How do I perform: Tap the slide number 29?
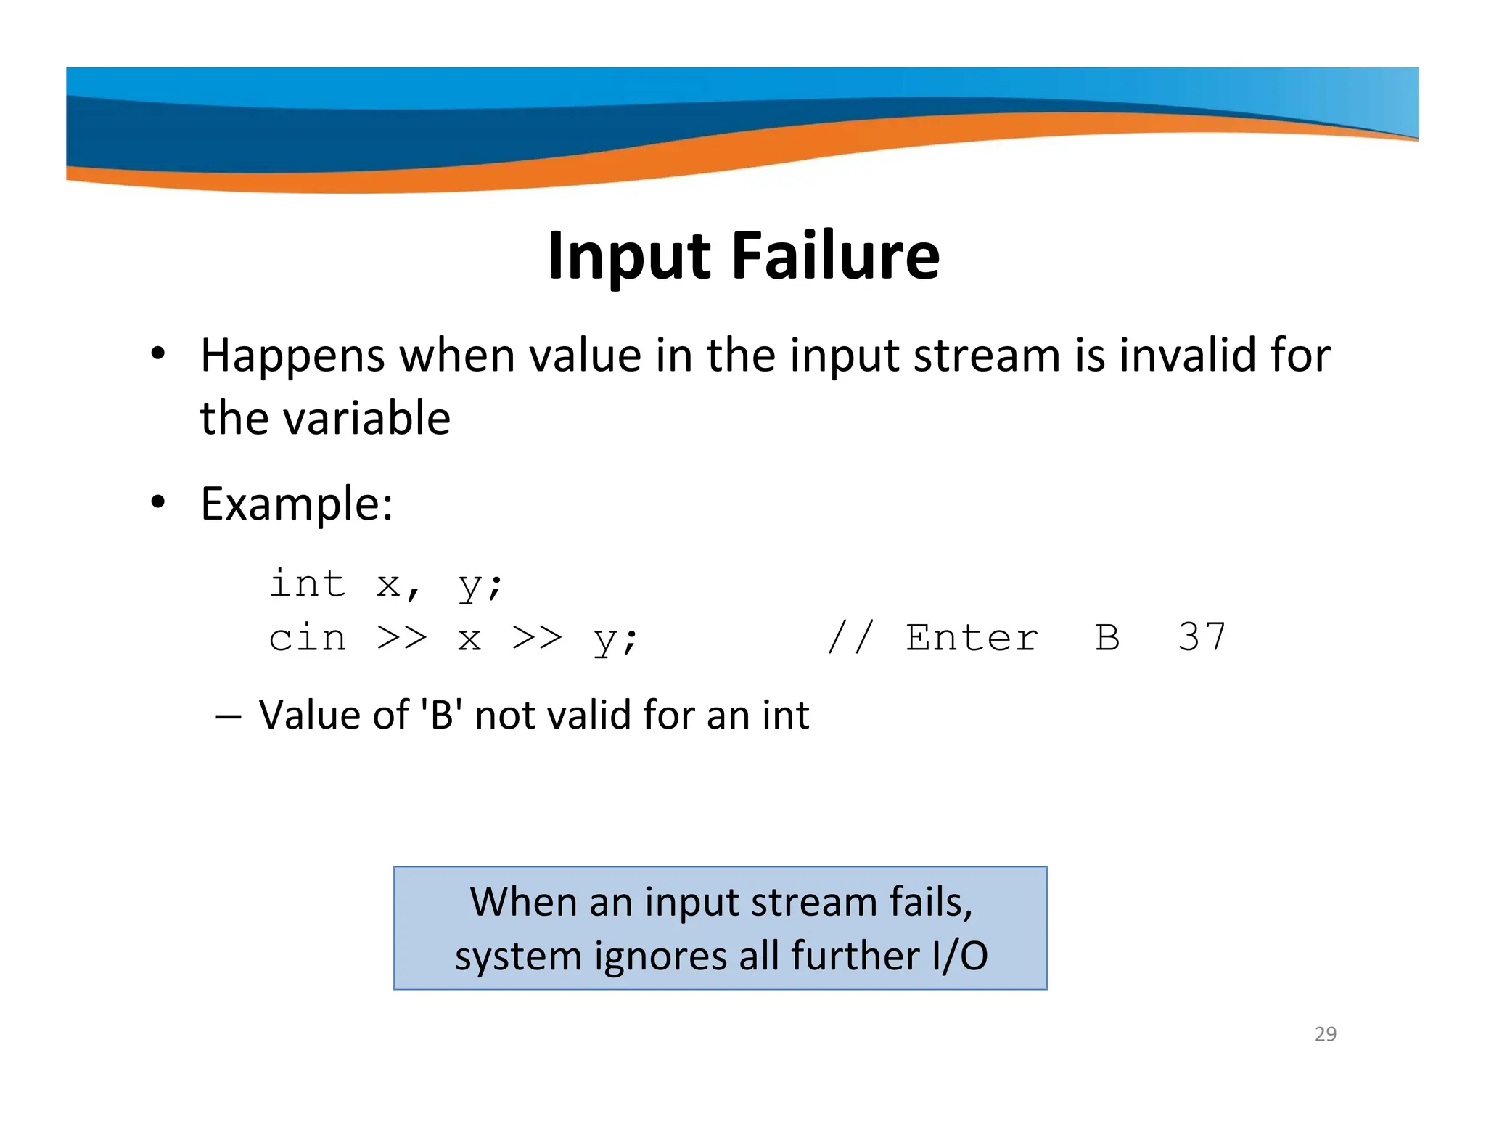pyautogui.click(x=1325, y=1033)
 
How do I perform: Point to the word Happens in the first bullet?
pyautogui.click(x=292, y=356)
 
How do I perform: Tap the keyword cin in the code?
pyautogui.click(x=307, y=639)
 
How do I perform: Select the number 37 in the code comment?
pyautogui.click(x=1202, y=637)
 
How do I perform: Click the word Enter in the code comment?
pyautogui.click(x=972, y=638)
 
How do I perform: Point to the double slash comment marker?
pyautogui.click(x=850, y=637)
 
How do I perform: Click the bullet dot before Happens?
pyautogui.click(x=157, y=355)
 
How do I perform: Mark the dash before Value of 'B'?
pyautogui.click(x=228, y=716)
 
